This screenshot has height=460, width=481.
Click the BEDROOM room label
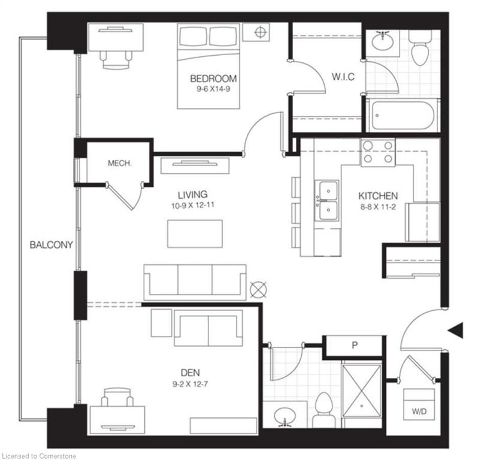pyautogui.click(x=213, y=78)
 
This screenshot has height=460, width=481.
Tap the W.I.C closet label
pyautogui.click(x=343, y=77)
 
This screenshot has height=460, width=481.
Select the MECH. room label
pyautogui.click(x=120, y=163)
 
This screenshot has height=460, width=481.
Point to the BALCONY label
pyautogui.click(x=52, y=245)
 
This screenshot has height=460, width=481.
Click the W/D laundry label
pyautogui.click(x=419, y=411)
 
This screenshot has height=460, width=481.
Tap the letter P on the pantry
pyautogui.click(x=355, y=346)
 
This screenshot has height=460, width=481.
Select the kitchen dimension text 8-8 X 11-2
pyautogui.click(x=378, y=207)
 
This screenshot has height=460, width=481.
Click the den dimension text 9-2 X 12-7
pyautogui.click(x=190, y=384)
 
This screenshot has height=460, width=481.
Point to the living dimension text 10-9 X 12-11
pyautogui.click(x=193, y=205)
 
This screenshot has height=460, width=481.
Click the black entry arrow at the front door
pyautogui.click(x=455, y=331)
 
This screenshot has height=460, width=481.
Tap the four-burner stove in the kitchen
pyautogui.click(x=378, y=152)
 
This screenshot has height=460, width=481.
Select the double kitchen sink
pyautogui.click(x=328, y=201)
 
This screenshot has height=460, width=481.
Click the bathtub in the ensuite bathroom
pyautogui.click(x=403, y=116)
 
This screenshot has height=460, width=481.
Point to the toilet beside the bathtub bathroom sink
pyautogui.click(x=420, y=49)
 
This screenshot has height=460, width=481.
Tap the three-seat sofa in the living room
pyautogui.click(x=195, y=283)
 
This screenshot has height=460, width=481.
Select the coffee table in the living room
pyautogui.click(x=195, y=234)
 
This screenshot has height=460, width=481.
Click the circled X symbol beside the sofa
pyautogui.click(x=258, y=290)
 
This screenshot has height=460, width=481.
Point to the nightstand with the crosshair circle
pyautogui.click(x=256, y=32)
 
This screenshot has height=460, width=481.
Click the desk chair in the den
pyautogui.click(x=117, y=397)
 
